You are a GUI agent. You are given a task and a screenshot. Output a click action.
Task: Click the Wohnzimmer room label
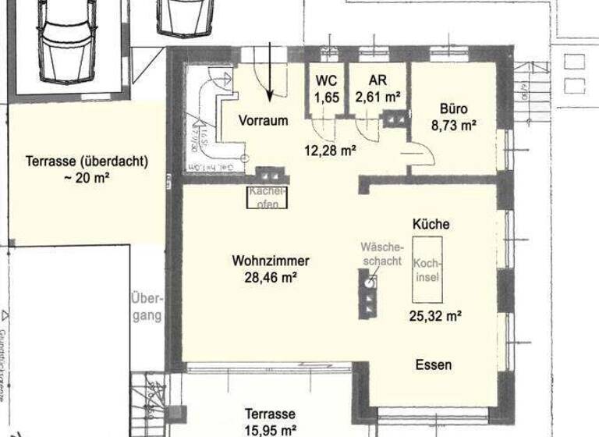[x=271, y=261]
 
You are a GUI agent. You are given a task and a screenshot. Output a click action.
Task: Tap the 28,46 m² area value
[x=271, y=276]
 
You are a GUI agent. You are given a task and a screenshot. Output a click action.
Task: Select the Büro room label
[x=452, y=109]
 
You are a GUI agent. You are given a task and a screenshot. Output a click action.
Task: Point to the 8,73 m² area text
[x=452, y=124]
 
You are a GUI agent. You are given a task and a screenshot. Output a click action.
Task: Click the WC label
[x=325, y=81]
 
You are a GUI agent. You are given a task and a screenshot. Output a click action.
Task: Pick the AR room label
[x=377, y=81]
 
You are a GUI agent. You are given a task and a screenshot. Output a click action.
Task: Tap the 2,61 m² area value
[x=377, y=97]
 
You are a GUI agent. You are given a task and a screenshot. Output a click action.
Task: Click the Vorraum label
[x=264, y=121]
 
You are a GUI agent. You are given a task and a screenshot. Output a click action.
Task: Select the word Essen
[x=433, y=364]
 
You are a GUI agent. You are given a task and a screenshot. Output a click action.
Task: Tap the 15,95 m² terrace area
[x=269, y=429]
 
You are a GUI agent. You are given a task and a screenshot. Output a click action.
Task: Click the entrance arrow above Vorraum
[x=270, y=74]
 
